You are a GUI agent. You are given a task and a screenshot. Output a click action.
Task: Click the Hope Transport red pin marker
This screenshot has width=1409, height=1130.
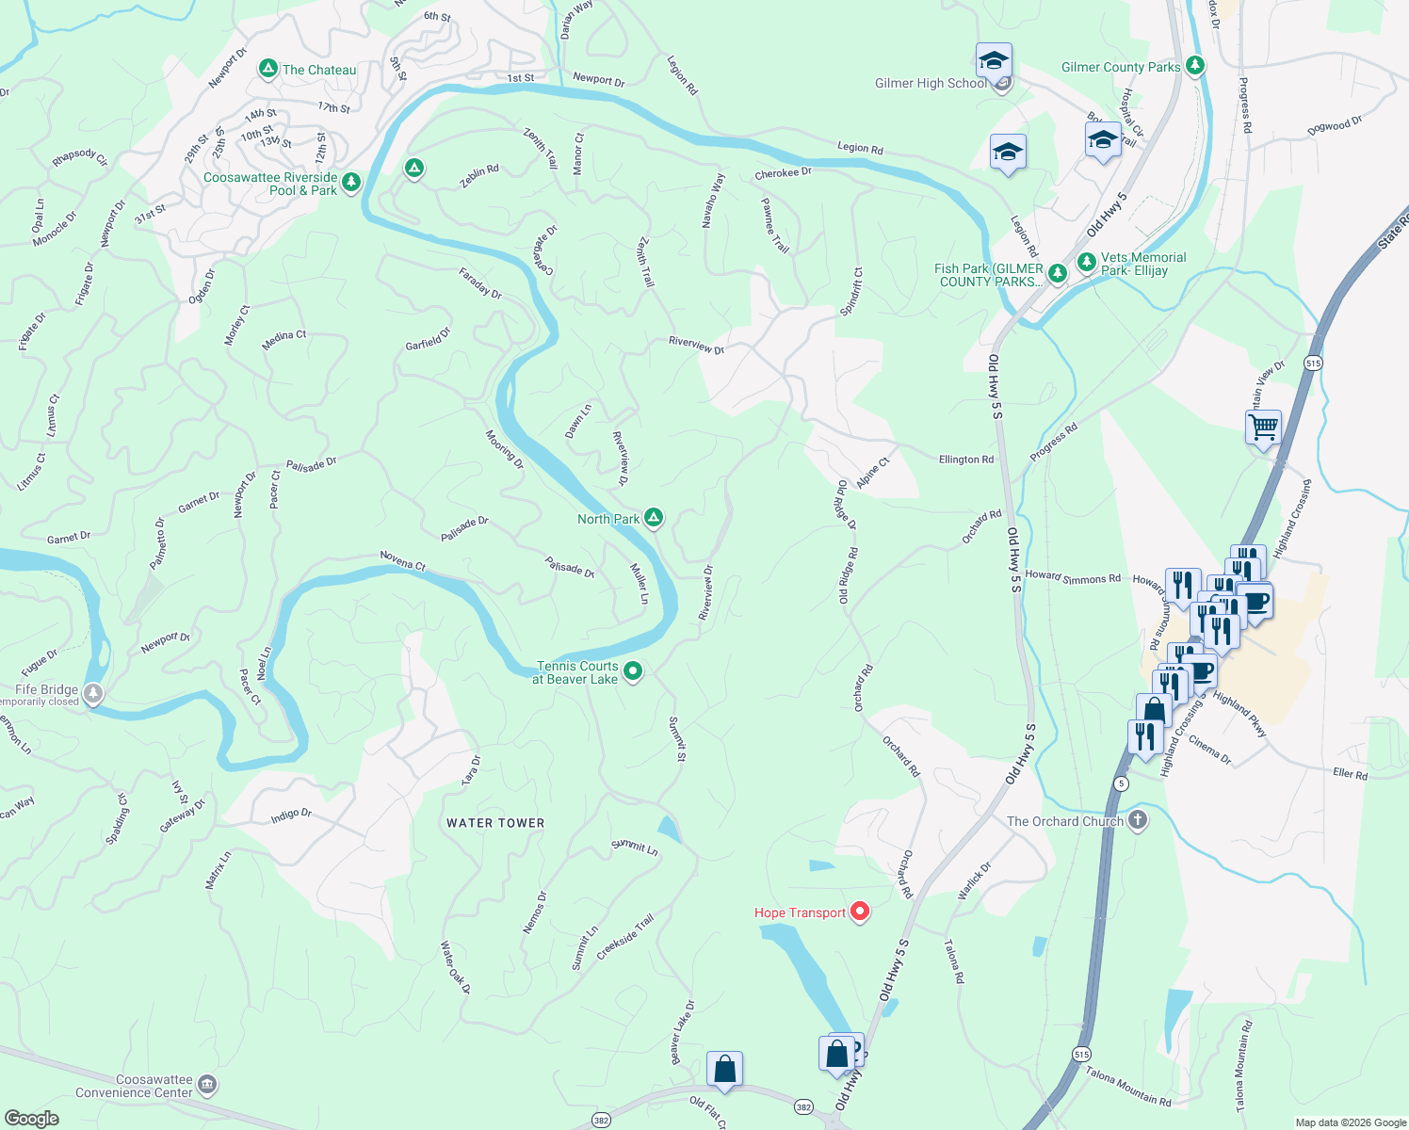pos(859,911)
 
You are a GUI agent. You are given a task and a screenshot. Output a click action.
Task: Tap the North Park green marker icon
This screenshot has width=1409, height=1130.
pos(654,518)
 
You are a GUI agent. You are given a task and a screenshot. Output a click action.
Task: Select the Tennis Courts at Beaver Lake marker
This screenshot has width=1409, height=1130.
pos(633,671)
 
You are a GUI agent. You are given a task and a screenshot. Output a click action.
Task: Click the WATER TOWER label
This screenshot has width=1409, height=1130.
pos(495,823)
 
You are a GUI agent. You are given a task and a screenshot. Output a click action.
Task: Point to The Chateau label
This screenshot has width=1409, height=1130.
pos(319,70)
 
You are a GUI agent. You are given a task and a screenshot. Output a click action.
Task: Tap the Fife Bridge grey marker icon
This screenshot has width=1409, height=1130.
pos(93,694)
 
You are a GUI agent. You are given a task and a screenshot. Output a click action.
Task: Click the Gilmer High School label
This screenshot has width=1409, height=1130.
pos(931,83)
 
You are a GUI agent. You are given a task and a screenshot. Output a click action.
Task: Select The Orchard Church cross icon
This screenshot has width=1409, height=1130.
pos(1138,820)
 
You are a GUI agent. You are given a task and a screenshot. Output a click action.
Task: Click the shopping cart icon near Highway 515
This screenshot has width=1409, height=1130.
pos(1263,428)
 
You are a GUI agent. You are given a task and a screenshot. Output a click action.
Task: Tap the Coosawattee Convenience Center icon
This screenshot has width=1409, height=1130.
pos(207,1086)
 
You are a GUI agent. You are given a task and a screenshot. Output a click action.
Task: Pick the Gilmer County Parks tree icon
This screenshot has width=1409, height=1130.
pos(1195,66)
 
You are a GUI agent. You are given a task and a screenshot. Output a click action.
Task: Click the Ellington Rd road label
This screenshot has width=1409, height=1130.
pos(965,460)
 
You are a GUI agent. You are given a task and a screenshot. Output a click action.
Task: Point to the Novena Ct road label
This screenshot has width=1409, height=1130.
pos(403,561)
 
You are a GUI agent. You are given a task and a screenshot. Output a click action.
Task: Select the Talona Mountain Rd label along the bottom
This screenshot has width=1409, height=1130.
pos(1127,1087)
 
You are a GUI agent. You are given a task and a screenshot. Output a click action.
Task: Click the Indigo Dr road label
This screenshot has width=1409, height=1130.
pos(291,815)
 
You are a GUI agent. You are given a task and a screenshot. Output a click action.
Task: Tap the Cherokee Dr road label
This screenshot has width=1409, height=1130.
pos(783,174)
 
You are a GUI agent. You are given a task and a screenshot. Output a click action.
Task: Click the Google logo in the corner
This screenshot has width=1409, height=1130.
pos(32,1118)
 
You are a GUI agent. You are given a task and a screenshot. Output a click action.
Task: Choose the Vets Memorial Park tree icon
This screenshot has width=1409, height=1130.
pos(1087,261)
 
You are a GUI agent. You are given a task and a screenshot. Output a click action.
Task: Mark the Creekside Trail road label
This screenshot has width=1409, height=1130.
pos(624,937)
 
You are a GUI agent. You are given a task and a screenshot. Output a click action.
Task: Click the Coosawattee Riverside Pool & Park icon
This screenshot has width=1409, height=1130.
pos(351,181)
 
